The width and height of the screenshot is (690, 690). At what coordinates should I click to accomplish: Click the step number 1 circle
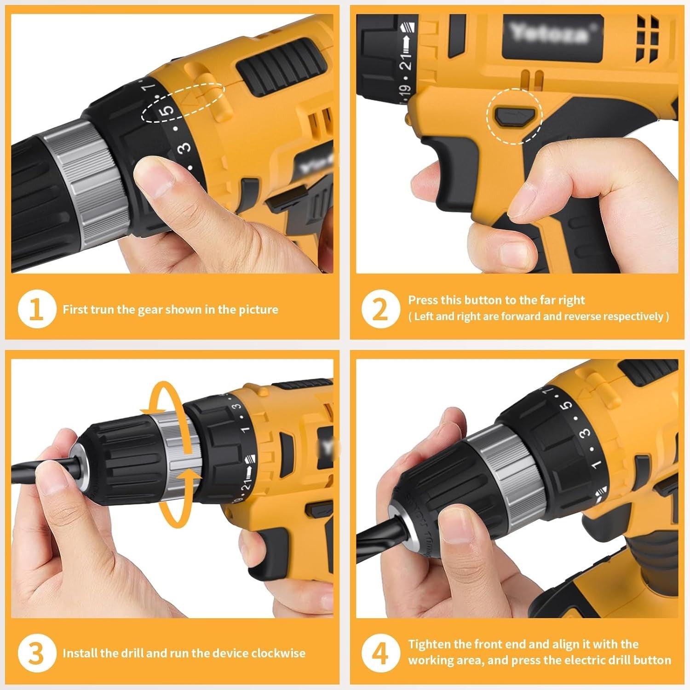coord(37,309)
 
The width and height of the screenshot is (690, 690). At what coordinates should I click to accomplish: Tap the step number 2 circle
coord(380,309)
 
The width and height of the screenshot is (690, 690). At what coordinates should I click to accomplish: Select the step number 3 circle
coord(37,653)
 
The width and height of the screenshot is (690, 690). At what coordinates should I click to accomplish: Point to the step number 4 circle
coord(380,653)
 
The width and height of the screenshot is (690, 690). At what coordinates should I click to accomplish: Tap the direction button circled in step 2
coord(514,115)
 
